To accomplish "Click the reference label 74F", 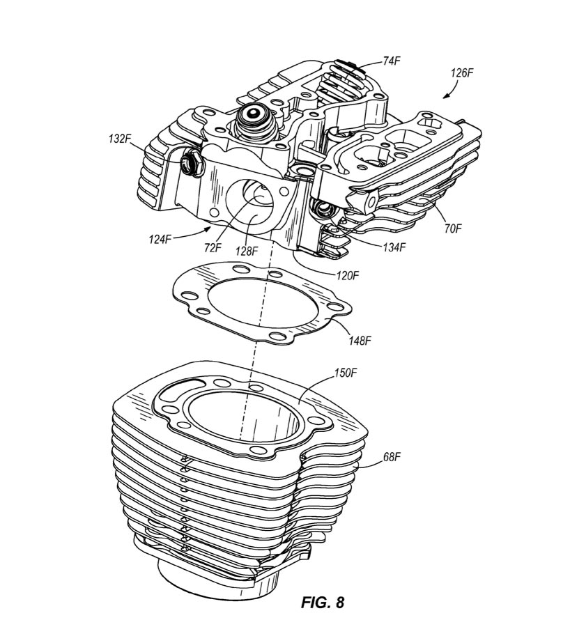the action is pyautogui.click(x=392, y=61).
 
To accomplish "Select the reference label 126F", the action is pyautogui.click(x=462, y=73).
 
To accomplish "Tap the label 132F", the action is pyautogui.click(x=120, y=139).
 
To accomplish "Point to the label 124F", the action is pyautogui.click(x=160, y=239).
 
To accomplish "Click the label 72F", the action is pyautogui.click(x=213, y=248).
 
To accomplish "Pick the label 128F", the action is pyautogui.click(x=247, y=251).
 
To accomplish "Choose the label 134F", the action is pyautogui.click(x=394, y=247).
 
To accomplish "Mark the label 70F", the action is pyautogui.click(x=453, y=228).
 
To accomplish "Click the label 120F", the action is pyautogui.click(x=348, y=276).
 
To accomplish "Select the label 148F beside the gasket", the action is pyautogui.click(x=360, y=340).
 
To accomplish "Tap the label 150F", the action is pyautogui.click(x=346, y=373).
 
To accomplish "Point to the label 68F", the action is pyautogui.click(x=392, y=457).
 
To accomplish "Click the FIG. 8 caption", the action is pyautogui.click(x=323, y=603).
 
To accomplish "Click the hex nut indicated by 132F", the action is pyautogui.click(x=192, y=163).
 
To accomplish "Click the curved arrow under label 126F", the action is pyautogui.click(x=451, y=88).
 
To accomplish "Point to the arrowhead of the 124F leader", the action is pyautogui.click(x=209, y=228).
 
